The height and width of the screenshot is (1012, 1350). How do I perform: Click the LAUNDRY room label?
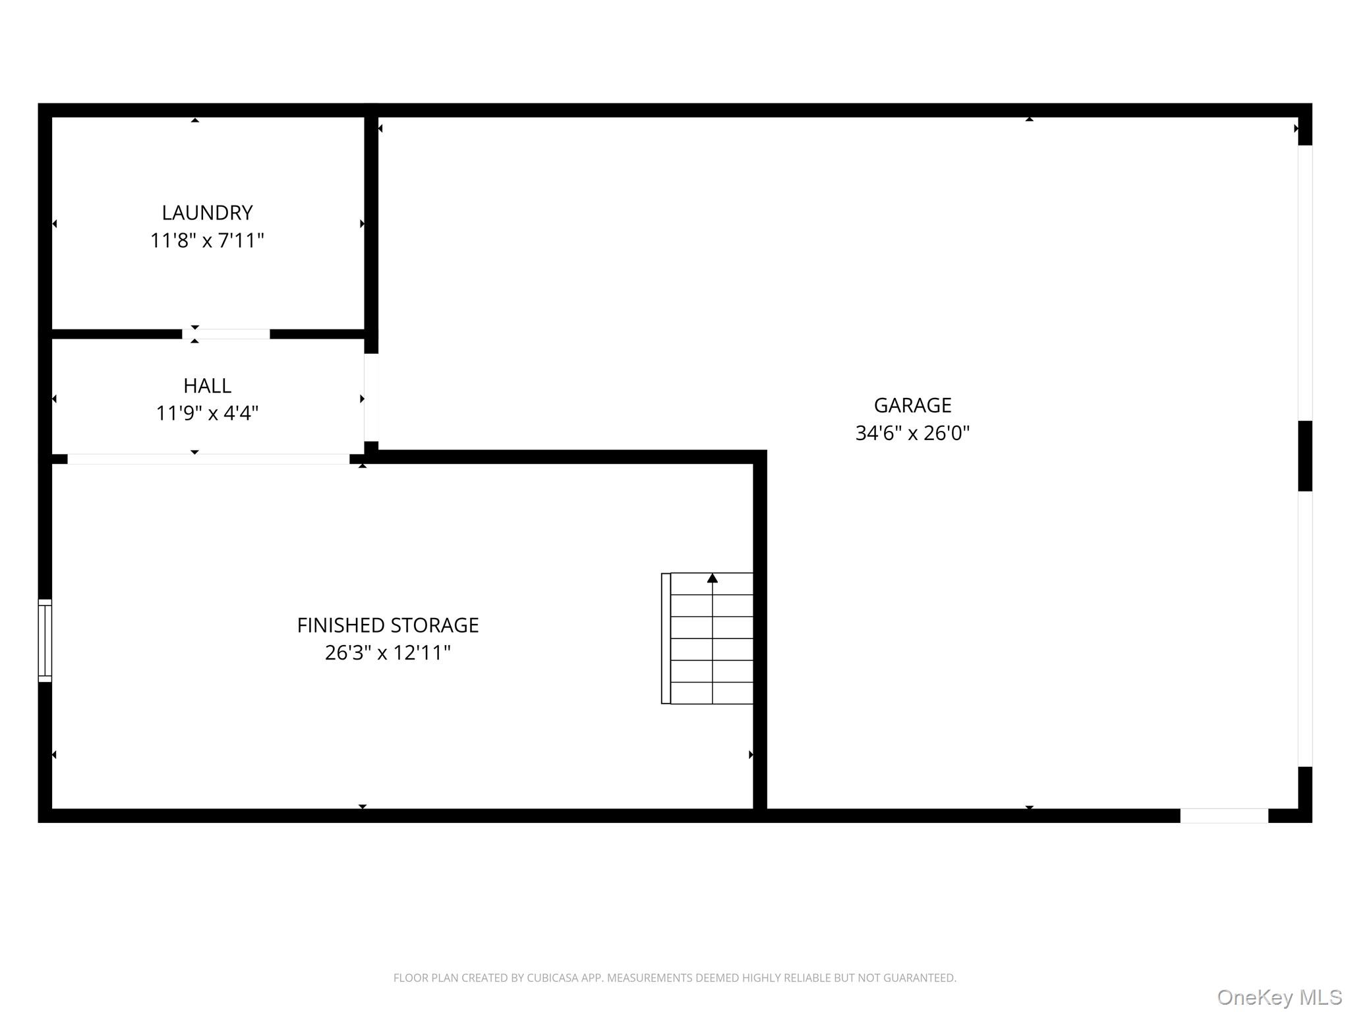[208, 213]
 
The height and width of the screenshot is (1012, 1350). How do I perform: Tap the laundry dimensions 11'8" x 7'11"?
[208, 240]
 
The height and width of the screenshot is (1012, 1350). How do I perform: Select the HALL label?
[208, 385]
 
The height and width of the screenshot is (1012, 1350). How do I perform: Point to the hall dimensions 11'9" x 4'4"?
[208, 413]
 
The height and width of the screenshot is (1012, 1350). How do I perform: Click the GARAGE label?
[913, 405]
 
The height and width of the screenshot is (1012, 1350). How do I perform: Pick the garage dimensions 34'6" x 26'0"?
[913, 433]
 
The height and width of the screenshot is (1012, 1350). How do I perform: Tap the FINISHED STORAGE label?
[388, 625]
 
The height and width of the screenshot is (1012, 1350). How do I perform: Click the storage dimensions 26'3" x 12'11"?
[388, 653]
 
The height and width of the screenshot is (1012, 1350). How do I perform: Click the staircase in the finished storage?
[707, 638]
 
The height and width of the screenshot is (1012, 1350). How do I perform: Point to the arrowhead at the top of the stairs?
[713, 578]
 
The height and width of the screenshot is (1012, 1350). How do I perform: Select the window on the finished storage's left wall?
[45, 640]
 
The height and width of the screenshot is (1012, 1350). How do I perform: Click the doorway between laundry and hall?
[226, 334]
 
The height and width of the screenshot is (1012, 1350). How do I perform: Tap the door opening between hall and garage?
[371, 397]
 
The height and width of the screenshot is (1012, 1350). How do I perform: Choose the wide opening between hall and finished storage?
[208, 459]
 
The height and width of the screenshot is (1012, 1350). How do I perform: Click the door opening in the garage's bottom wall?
[1224, 816]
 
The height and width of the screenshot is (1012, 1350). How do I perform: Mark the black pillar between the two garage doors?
[1305, 456]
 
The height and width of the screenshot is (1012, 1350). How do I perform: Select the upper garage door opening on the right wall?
[1305, 283]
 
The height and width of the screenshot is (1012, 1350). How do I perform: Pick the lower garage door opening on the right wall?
[1305, 629]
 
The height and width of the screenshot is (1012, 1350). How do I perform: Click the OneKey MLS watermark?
[1279, 998]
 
